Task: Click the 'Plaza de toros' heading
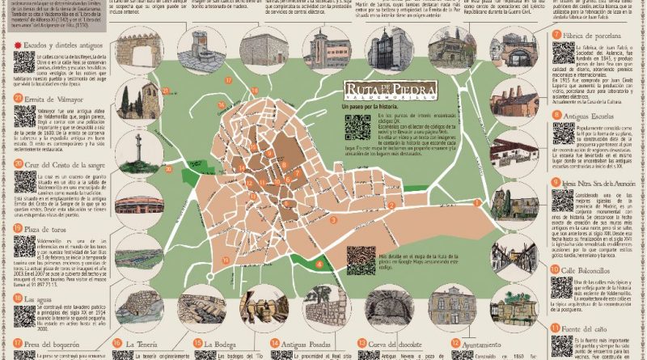click(51, 228)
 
